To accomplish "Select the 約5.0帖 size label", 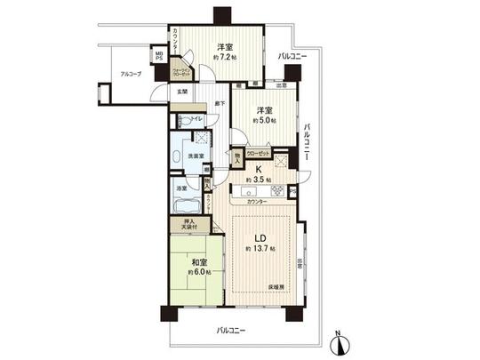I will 265,120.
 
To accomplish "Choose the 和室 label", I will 200,263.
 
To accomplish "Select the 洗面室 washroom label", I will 196,157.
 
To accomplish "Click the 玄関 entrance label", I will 180,91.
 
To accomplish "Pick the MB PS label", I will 159,57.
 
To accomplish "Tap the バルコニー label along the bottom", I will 232,331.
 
